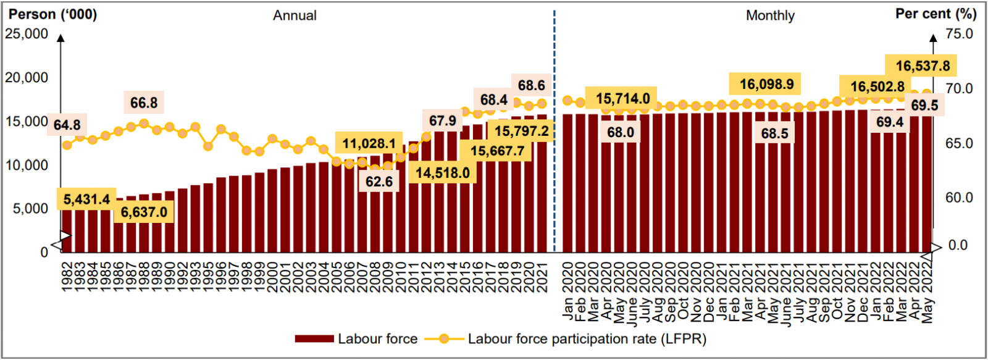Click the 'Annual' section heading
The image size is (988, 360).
[295, 15]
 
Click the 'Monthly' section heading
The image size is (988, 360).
[770, 15]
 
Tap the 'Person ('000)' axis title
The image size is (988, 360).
[52, 14]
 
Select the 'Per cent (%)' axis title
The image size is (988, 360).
[936, 14]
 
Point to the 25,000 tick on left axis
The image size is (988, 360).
[27, 34]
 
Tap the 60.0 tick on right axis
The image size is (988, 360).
[959, 198]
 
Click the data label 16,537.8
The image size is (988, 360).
[923, 66]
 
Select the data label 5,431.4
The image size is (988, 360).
[86, 199]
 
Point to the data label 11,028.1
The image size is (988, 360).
[369, 144]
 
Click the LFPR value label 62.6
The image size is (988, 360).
[379, 182]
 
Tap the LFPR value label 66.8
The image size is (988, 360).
[144, 103]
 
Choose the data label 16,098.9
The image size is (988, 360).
[766, 84]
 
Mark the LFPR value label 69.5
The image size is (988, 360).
[924, 106]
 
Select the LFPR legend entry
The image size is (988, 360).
[587, 339]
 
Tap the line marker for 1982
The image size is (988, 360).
[67, 145]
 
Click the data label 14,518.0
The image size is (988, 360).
[442, 173]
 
